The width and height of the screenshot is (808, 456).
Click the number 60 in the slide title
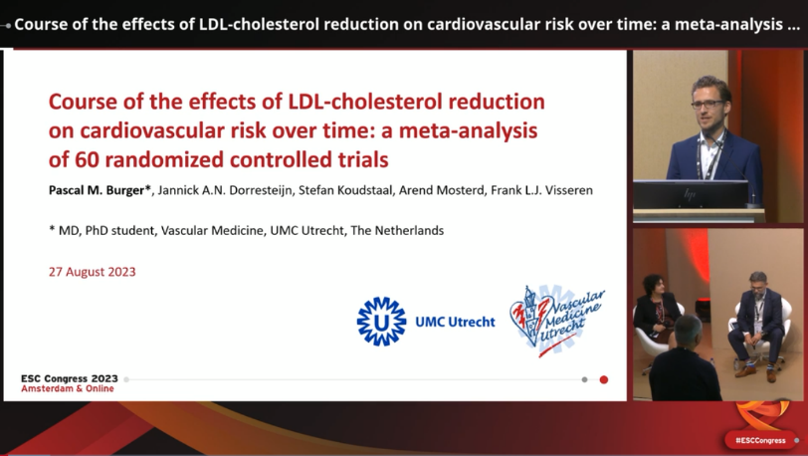click(x=88, y=160)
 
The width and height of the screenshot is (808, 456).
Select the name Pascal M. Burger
click(x=97, y=190)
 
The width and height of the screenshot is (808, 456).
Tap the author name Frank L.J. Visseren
click(x=541, y=190)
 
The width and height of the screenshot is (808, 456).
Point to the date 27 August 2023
click(x=93, y=272)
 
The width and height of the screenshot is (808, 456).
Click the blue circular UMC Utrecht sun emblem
click(x=381, y=322)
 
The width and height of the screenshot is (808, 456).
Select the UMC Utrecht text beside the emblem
click(x=455, y=322)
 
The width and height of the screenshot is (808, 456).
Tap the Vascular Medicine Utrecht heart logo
click(x=557, y=321)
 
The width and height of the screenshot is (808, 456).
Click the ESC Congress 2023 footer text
click(x=70, y=378)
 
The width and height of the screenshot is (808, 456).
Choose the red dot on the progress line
click(x=604, y=379)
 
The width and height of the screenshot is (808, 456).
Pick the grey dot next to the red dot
click(x=584, y=379)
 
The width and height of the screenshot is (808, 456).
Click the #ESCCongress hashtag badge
click(x=760, y=440)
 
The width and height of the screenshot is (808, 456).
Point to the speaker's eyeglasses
click(x=707, y=105)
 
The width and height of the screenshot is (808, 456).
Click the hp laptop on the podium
click(x=691, y=194)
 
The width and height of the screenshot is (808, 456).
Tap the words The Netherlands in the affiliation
click(x=397, y=231)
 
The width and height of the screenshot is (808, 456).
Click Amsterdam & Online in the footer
click(x=68, y=388)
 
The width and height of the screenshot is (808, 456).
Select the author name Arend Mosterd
click(x=442, y=190)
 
